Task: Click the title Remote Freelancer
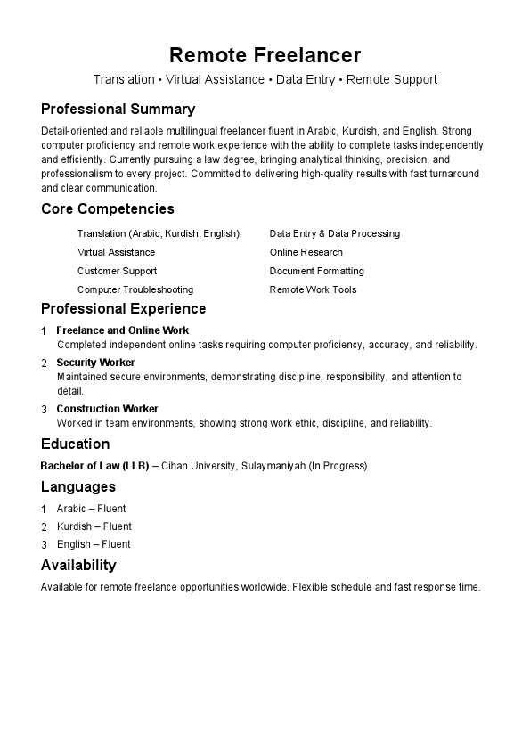265,55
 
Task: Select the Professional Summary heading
118,110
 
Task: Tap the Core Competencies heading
108,209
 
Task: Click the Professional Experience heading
123,309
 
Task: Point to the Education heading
75,444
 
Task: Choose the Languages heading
78,487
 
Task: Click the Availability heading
78,566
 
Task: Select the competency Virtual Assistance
116,252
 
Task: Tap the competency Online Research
306,252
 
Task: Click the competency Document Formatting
316,271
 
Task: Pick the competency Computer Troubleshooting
135,289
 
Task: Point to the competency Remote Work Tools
313,289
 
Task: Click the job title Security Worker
95,363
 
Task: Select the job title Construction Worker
107,409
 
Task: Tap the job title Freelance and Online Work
122,330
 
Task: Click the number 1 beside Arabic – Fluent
44,510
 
